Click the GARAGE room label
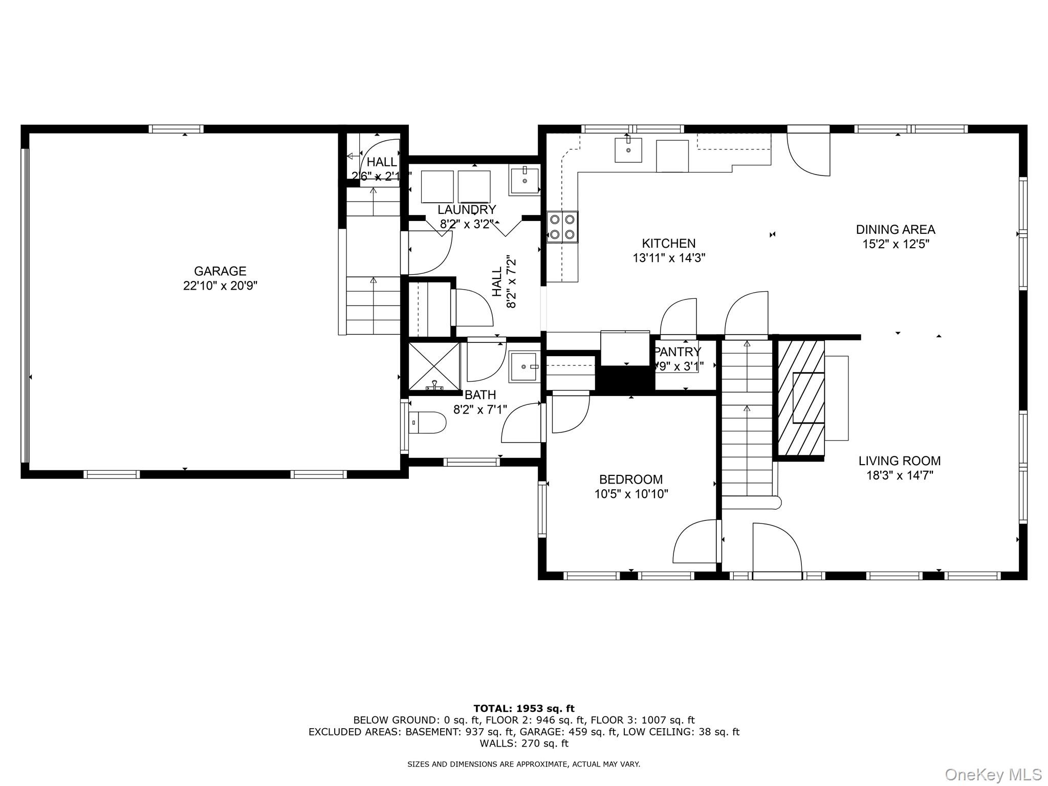coord(220,271)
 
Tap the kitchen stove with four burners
coord(562,227)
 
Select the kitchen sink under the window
coord(628,149)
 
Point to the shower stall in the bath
coord(434,366)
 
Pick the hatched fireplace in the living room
coord(801,398)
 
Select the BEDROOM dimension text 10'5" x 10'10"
coord(631,494)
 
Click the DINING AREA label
coord(896,229)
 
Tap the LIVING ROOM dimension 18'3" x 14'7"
coord(900,475)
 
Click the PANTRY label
coord(678,352)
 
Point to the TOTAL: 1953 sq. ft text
coord(524,709)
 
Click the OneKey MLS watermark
coord(993,774)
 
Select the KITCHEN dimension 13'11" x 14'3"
coord(669,258)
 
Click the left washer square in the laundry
coord(437,187)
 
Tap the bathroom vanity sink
coord(524,366)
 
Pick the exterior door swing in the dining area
coord(808,154)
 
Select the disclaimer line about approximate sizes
coord(523,764)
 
